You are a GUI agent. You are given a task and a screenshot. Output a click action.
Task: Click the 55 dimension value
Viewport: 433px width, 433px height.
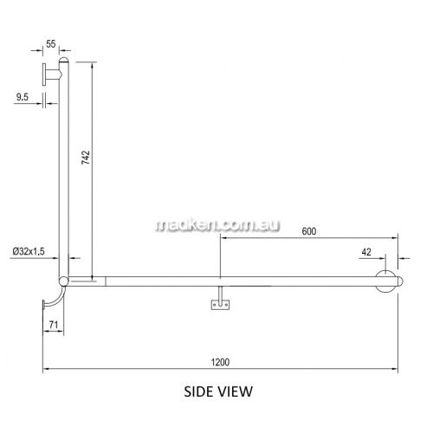(50, 44)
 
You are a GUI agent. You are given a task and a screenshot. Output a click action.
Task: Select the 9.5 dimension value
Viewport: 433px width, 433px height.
(23, 97)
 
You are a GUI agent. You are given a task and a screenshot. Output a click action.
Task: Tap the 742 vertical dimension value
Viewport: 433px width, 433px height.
(86, 158)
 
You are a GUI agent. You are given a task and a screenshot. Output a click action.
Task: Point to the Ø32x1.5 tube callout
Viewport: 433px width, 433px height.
(29, 251)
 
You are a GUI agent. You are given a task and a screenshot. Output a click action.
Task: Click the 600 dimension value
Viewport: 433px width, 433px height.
(309, 231)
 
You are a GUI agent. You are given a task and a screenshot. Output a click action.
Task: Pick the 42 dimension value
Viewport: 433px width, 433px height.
(366, 252)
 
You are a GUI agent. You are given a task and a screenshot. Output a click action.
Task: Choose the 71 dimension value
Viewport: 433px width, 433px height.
(54, 325)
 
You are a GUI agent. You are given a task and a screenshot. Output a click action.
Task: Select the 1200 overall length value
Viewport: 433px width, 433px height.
(220, 362)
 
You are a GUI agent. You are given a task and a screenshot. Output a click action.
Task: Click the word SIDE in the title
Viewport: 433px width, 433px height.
(198, 391)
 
